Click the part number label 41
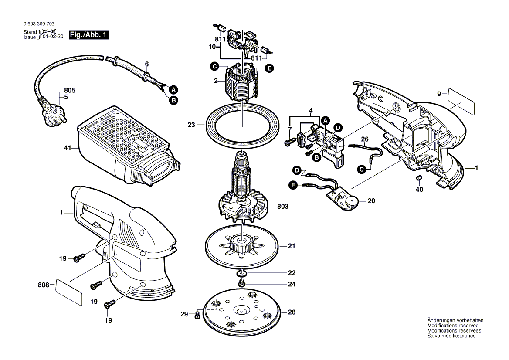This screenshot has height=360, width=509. click(67, 149)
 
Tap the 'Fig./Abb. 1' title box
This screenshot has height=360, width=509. click(89, 35)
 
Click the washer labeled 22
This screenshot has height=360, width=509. click(241, 273)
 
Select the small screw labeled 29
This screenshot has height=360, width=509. click(197, 314)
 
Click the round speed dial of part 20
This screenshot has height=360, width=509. click(351, 202)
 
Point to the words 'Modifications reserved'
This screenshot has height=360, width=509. click(453, 326)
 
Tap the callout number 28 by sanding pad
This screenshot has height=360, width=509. click(292, 312)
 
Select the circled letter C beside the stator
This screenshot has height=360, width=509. click(214, 67)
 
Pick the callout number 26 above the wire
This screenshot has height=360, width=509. click(365, 139)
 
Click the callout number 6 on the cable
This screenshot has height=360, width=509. click(146, 63)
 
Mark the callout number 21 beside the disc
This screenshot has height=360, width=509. click(292, 246)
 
